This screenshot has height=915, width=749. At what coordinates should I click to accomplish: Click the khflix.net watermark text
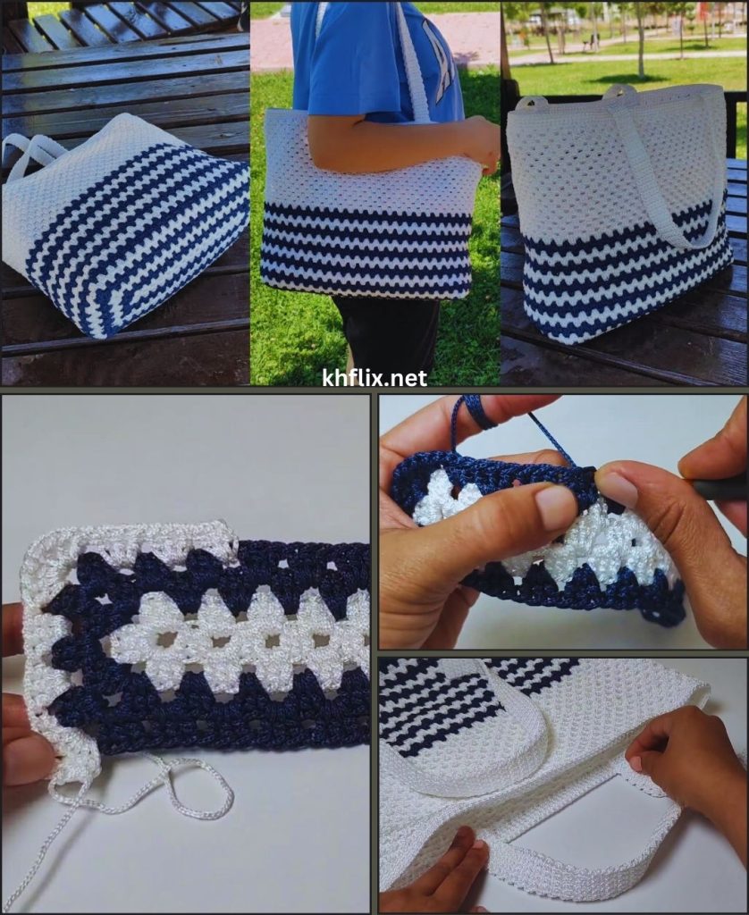coord(374,378)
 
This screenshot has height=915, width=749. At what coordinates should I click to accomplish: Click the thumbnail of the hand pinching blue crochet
coord(563,522)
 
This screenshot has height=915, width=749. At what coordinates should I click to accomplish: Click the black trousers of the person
coord(388,332)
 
